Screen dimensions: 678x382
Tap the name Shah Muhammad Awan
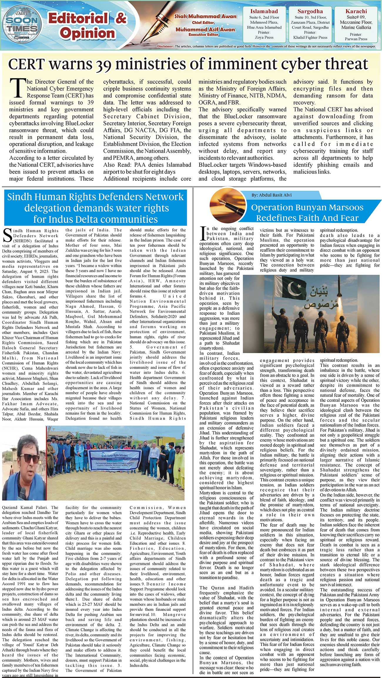[205, 17]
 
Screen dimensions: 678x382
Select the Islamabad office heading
[264, 11]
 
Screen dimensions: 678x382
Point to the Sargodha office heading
[310, 11]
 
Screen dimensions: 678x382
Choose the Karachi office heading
[356, 11]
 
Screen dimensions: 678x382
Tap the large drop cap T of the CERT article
[17, 88]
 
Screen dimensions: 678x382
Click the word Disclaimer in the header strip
[165, 46]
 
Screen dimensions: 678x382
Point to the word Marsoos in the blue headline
[346, 207]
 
